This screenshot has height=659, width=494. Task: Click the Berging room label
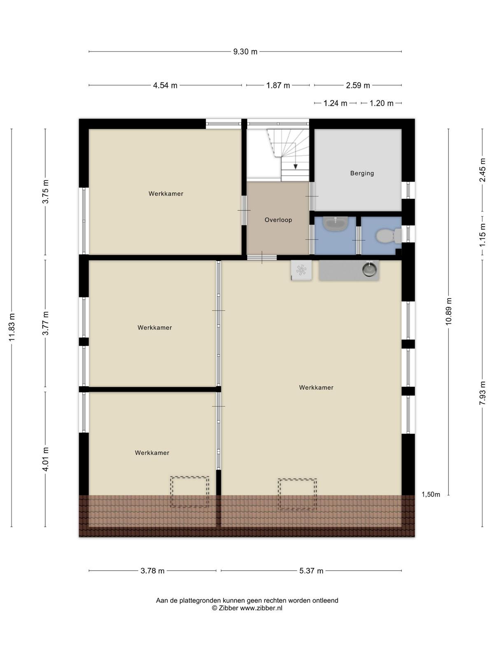click(362, 173)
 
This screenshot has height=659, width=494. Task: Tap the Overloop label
click(278, 220)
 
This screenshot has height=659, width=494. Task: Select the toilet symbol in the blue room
click(389, 236)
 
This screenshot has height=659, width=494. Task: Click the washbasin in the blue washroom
click(336, 224)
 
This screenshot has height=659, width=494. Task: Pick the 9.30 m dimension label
click(245, 51)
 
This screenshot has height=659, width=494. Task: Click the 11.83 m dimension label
click(12, 327)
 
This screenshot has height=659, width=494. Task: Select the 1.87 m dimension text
click(278, 86)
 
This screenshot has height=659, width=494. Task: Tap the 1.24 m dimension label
click(335, 103)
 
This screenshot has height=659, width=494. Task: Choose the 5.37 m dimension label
click(311, 571)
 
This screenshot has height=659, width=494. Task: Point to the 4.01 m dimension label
click(45, 459)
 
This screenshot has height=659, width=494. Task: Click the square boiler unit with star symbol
click(301, 270)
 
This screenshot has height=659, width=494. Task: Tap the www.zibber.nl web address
click(261, 608)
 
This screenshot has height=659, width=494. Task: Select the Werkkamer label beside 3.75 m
click(166, 194)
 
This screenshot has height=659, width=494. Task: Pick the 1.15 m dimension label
click(482, 235)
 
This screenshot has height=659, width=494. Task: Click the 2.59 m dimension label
click(357, 86)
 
